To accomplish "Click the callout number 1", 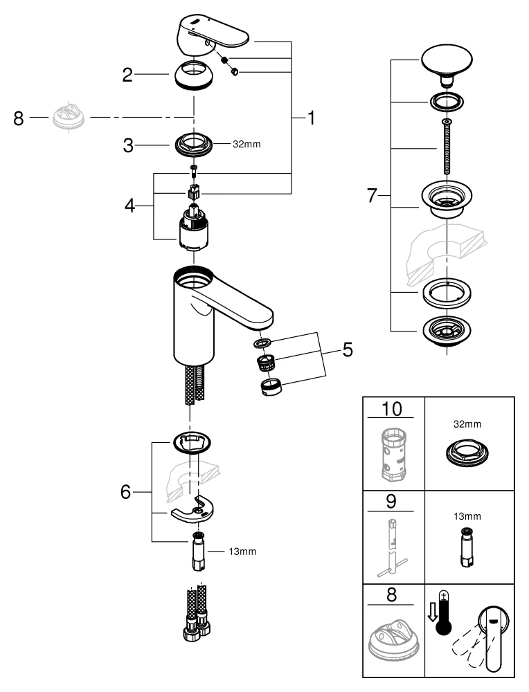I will click(x=311, y=118).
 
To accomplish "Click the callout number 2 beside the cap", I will click(x=128, y=75).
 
